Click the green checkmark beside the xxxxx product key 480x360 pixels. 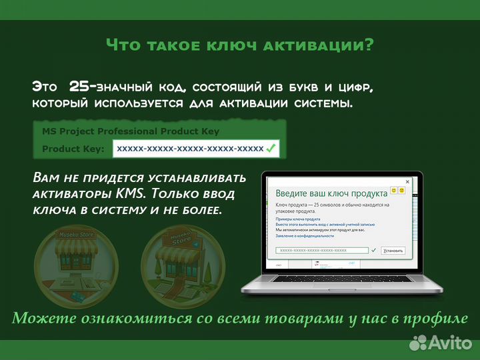[x=271, y=149]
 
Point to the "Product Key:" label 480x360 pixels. [x=73, y=149]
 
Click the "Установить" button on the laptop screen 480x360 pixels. [x=393, y=251]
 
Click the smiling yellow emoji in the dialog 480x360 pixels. [x=395, y=190]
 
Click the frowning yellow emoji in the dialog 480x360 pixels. [x=403, y=190]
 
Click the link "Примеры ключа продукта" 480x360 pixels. [x=298, y=219]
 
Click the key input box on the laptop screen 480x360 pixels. [x=321, y=251]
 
